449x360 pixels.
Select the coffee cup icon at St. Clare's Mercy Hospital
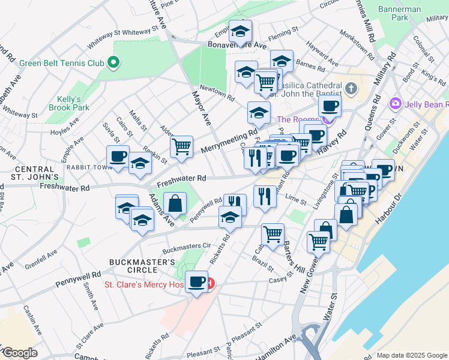(x=196, y=281)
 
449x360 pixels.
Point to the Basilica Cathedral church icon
(x=351, y=89)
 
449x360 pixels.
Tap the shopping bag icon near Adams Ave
(x=175, y=203)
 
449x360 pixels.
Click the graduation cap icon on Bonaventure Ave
(x=241, y=31)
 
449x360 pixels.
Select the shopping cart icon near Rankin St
(x=181, y=146)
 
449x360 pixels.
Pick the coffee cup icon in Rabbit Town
(x=118, y=157)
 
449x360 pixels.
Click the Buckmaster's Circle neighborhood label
(x=142, y=266)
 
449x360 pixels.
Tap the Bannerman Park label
(x=397, y=14)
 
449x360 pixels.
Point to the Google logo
(x=20, y=353)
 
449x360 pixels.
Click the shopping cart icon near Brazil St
(x=273, y=233)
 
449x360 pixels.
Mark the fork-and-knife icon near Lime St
(x=265, y=196)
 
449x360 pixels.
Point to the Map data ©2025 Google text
(x=411, y=355)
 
